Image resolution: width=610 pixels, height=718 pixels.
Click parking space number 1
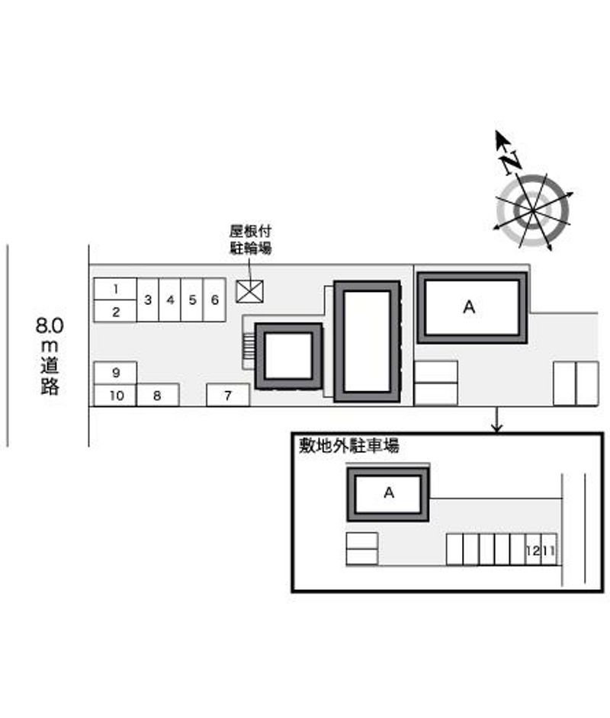(115, 289)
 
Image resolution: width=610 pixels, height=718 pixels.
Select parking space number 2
(115, 312)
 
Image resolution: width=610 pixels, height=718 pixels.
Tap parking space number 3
(147, 300)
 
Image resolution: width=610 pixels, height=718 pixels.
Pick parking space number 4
(170, 300)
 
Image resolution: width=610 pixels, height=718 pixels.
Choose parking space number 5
(192, 300)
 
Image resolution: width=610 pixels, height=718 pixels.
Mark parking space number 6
(214, 300)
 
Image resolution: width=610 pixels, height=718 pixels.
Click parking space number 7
(228, 395)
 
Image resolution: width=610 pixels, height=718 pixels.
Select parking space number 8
(158, 395)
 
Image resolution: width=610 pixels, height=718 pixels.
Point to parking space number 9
(115, 373)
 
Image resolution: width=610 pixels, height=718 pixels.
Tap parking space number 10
(115, 395)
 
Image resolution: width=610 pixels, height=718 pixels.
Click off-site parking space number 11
(549, 550)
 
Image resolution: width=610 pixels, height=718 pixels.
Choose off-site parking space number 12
(533, 550)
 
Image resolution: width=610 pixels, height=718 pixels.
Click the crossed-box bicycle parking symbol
(249, 291)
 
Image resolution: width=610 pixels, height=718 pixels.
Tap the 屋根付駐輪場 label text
(251, 239)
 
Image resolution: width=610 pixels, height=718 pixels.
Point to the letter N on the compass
(511, 162)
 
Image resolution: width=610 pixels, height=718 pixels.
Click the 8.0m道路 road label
(50, 355)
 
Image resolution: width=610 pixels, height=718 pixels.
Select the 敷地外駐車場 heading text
(349, 446)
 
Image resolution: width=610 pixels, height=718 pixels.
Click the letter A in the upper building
(469, 307)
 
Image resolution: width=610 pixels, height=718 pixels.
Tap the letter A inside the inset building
(389, 492)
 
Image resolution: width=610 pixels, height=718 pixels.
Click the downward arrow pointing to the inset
(496, 419)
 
